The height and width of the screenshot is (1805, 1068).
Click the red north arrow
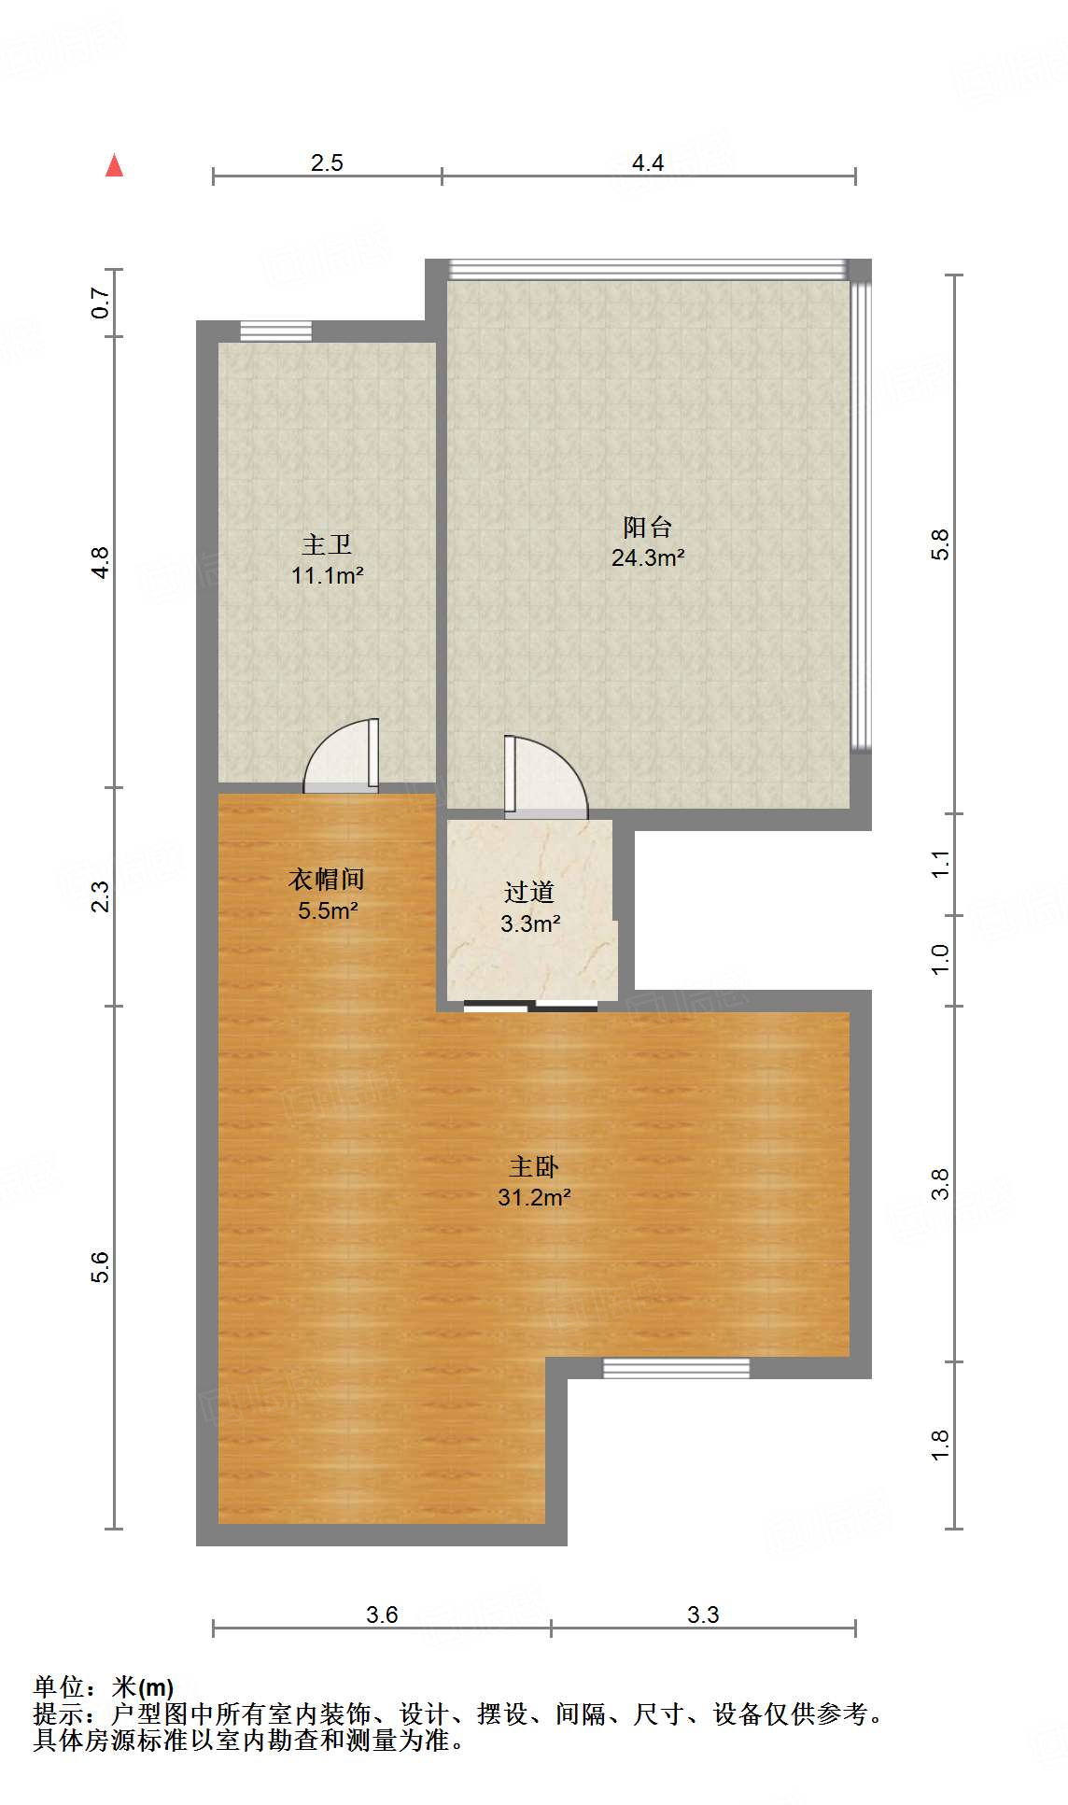point(114,165)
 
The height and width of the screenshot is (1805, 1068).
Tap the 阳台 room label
point(648,528)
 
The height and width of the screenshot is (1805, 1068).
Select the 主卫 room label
point(327,544)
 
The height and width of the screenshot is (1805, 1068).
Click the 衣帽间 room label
point(327,880)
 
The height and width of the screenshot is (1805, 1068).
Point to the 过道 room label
point(529,893)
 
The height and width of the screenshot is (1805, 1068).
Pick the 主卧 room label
point(534,1167)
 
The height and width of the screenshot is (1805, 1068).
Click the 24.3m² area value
point(648,558)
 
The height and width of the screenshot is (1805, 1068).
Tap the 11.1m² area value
point(327,576)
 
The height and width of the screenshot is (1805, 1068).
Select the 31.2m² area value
point(534,1198)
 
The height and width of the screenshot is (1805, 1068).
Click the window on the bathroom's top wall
point(275,331)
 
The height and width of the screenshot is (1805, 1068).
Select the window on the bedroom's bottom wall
point(676,1368)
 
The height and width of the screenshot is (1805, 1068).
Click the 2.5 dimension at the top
point(327,163)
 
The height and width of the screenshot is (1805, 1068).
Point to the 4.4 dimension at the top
point(648,163)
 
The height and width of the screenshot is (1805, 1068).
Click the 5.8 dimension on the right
point(940,544)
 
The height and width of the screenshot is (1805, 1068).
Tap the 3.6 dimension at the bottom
point(382,1615)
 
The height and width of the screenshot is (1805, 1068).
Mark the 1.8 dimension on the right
point(940,1445)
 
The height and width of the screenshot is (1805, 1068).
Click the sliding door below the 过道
point(530,1006)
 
